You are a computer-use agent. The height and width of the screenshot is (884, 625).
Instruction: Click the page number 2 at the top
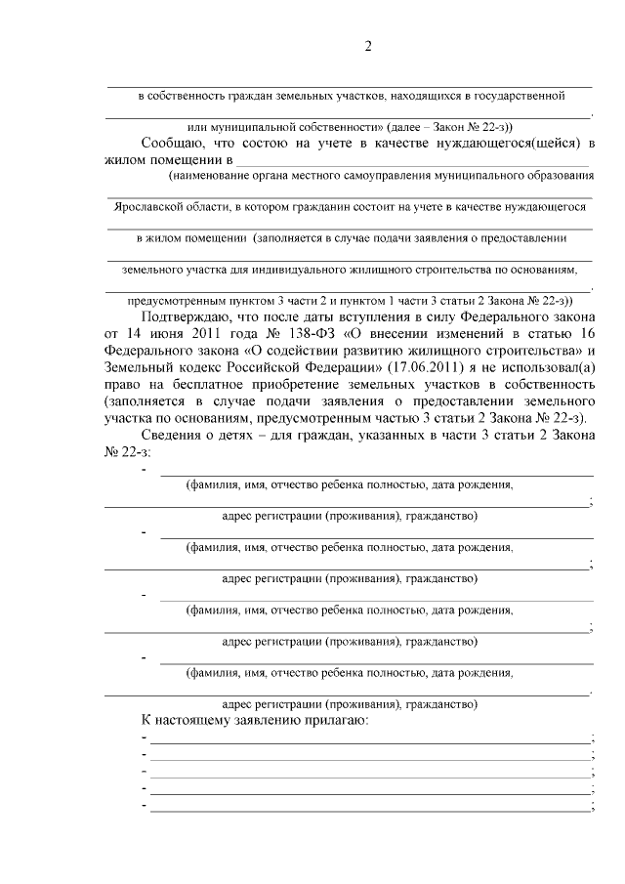369,46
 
